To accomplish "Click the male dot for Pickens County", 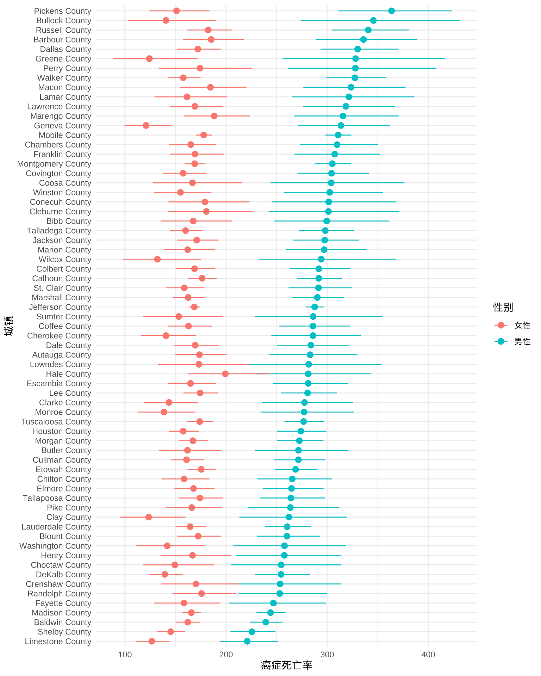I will pos(391,11).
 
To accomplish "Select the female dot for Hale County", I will pos(225,374).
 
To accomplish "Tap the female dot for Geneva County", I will pos(146,126).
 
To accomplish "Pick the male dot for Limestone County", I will pos(247,641).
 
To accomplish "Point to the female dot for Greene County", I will pos(149,59).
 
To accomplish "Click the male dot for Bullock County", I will pos(373,20).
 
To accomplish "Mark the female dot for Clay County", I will pos(149,517).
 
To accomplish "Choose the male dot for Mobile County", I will pos(338,135).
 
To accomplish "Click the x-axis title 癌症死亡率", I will pos(286,665).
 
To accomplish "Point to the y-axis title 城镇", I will pos(9,326).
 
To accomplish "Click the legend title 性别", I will pos(503,307).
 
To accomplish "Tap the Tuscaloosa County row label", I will pos(56,422).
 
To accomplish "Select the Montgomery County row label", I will pos(54,164).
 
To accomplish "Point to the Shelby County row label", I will pos(64,632).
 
